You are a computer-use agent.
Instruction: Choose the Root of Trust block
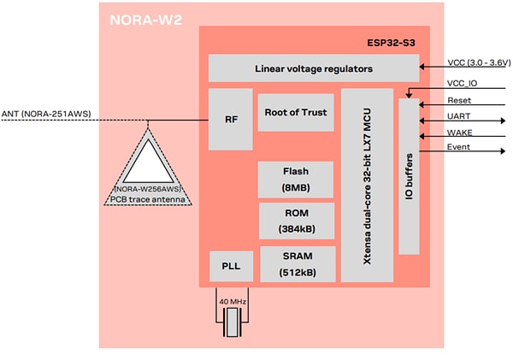point(295,112)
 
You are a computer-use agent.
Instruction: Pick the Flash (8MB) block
point(295,179)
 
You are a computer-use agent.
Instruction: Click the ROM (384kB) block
point(295,221)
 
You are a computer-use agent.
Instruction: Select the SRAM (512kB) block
point(295,264)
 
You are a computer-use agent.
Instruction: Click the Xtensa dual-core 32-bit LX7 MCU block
point(365,185)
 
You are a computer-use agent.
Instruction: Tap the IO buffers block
point(409,176)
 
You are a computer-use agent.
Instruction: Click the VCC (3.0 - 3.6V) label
point(479,63)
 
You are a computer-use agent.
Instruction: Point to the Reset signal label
point(459,101)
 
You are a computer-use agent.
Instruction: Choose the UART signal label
point(458,116)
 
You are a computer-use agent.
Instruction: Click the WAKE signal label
point(459,133)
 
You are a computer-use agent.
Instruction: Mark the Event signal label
point(458,148)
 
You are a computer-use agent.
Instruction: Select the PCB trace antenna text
point(148,199)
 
